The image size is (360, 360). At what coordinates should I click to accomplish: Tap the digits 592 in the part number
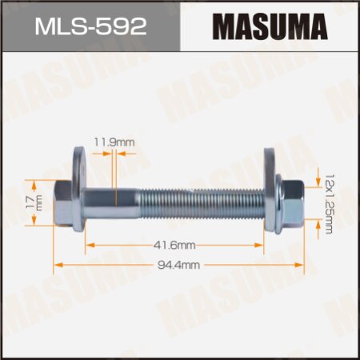coord(123,26)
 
